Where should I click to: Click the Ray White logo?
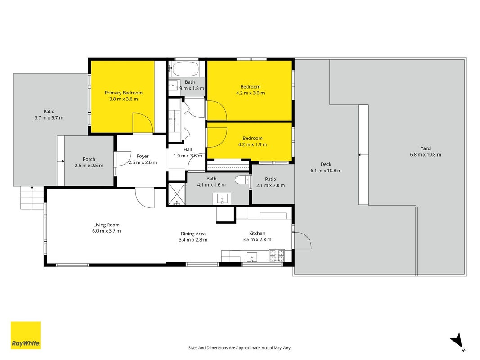[26, 335]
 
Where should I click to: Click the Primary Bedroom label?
[124, 93]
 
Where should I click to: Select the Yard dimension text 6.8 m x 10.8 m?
[426, 155]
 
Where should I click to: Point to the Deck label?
[326, 164]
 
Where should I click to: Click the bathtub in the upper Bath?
[186, 69]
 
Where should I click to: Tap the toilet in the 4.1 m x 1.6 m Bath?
[242, 180]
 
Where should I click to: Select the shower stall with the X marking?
[177, 194]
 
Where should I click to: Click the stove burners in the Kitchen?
[277, 256]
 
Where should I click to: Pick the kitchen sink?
[251, 257]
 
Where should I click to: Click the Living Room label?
[107, 225]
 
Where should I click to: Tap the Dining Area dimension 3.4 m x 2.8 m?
[193, 240]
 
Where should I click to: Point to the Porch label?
[89, 159]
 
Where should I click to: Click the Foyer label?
[143, 156]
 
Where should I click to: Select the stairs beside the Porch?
[32, 198]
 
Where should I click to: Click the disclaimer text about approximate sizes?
[240, 348]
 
